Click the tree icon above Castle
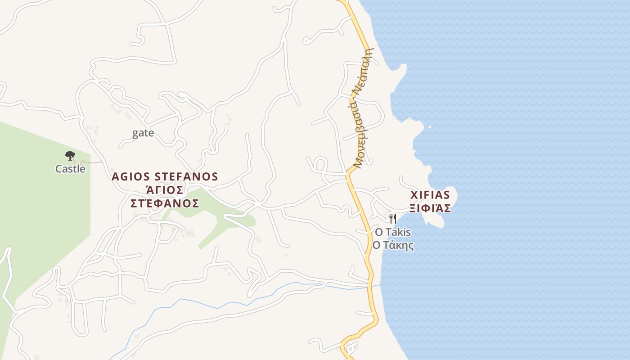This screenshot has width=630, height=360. point(70,156)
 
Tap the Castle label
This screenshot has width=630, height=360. point(70,169)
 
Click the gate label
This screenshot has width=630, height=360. point(143,133)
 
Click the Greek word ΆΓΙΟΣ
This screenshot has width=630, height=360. point(165,189)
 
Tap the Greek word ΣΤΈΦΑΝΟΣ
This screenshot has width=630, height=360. point(165,203)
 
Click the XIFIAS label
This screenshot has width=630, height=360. point(430,195)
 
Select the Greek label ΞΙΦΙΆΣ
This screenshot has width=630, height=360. point(430,208)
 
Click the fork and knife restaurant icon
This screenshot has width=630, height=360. point(393,219)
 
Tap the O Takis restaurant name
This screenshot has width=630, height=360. point(393,232)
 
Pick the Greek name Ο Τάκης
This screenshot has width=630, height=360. point(393,246)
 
